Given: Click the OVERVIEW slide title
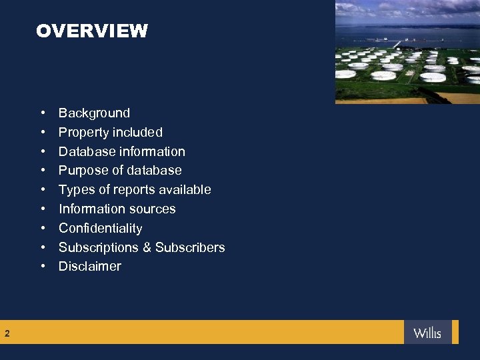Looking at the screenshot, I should click(92, 31).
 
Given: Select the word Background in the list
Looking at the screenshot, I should click(94, 113).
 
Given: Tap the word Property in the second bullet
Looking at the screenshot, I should click(81, 133).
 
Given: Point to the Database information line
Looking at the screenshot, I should click(121, 151).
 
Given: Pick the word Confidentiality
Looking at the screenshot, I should click(100, 228).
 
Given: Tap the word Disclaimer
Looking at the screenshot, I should click(89, 267).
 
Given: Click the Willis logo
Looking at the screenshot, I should click(427, 332).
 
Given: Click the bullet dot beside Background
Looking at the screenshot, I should click(43, 113).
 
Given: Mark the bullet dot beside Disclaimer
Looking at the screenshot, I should click(43, 267).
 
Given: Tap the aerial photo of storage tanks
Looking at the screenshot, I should click(407, 53).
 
